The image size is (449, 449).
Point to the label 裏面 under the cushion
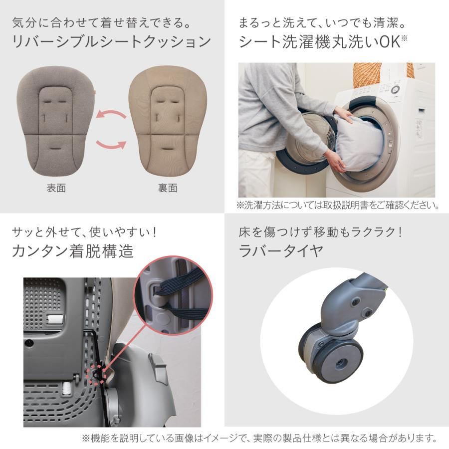click(168, 188)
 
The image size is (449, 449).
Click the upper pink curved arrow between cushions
click(111, 114)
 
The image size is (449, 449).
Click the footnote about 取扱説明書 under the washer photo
click(338, 205)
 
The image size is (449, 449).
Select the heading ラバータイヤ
click(281, 251)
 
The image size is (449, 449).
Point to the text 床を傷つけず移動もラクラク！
click(320, 232)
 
